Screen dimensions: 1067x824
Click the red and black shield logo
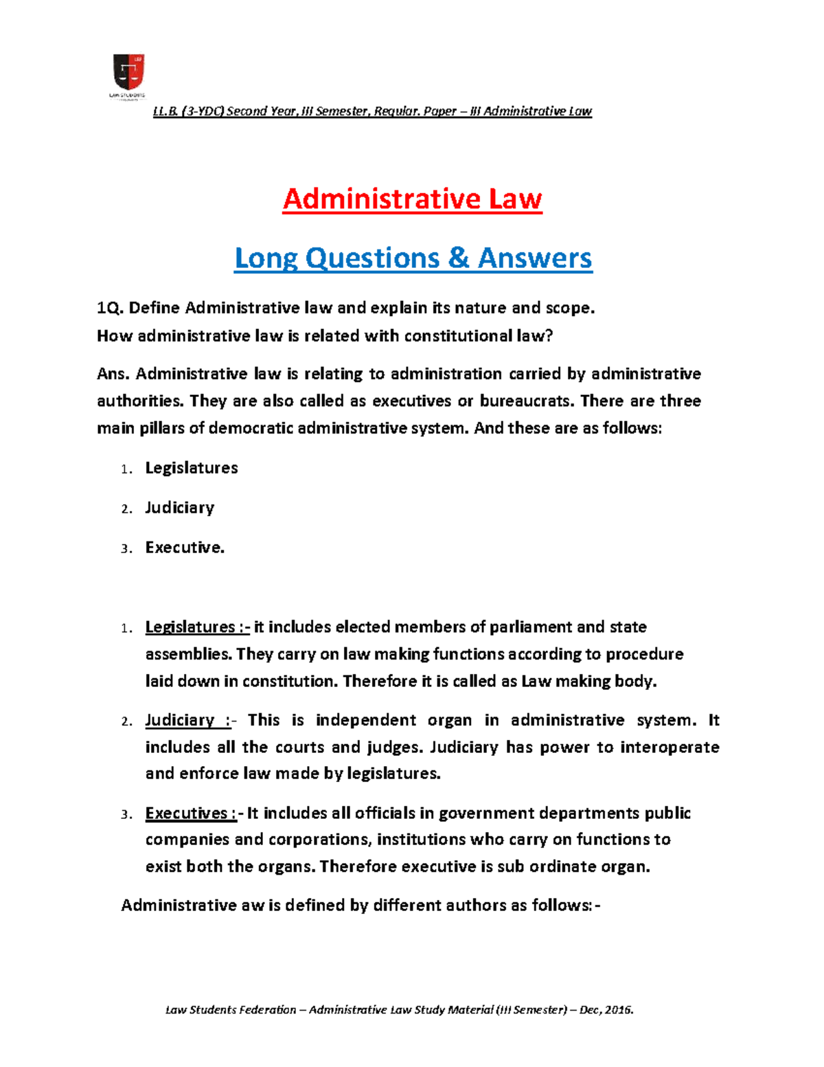128,72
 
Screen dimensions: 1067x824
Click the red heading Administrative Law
412,199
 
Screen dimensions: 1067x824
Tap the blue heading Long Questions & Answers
413,258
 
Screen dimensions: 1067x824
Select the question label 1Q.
110,308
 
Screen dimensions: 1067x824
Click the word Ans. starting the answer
114,374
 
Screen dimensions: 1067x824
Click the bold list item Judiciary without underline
180,508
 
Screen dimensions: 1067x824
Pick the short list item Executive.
185,548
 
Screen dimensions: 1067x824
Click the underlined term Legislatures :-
197,627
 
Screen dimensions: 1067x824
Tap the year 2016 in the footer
616,1010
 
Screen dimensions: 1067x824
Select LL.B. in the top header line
165,111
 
